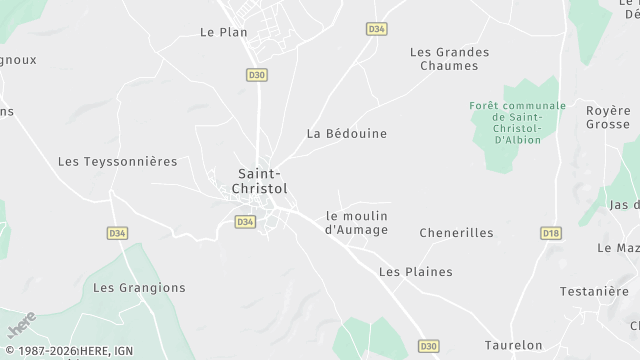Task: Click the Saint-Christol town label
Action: pos(262,179)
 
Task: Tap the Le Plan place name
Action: pos(223,32)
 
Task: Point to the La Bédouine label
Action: pos(346,133)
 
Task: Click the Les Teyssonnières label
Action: pos(117,160)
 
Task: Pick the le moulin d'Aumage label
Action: pos(356,223)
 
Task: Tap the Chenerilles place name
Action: pos(456,232)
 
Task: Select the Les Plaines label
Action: pos(415,271)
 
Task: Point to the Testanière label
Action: pos(593,291)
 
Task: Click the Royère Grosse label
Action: pos(608,118)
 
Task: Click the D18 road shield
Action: pos(550,233)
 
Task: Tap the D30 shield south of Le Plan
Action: pos(256,74)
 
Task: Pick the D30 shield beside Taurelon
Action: pos(429,346)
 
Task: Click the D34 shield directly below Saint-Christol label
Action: pos(244,221)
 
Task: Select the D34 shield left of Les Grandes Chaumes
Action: pos(376,30)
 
